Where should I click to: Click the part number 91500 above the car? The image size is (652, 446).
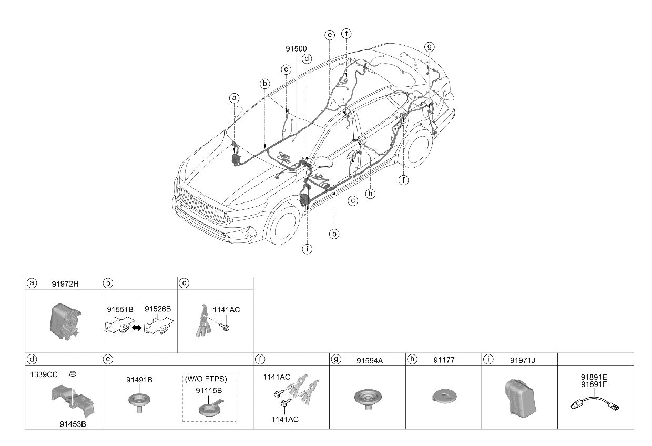tap(296, 48)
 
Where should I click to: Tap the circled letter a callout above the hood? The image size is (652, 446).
tap(234, 98)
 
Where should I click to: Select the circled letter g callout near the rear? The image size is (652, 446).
tap(430, 47)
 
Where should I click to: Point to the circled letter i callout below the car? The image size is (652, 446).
tap(307, 249)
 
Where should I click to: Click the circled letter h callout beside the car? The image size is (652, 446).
tap(370, 194)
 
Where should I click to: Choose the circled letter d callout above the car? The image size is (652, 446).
tap(307, 58)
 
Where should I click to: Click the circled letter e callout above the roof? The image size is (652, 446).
tap(330, 35)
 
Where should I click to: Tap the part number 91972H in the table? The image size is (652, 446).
tap(65, 284)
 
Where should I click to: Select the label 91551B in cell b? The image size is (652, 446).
tap(120, 309)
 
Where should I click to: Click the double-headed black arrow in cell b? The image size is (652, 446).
tap(137, 328)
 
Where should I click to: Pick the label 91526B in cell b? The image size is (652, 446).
tap(158, 309)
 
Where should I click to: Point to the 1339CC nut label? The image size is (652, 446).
tap(44, 374)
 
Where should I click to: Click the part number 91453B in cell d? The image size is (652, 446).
tap(73, 424)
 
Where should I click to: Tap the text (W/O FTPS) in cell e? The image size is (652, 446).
tap(206, 379)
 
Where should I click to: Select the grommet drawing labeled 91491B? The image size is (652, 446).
tap(139, 403)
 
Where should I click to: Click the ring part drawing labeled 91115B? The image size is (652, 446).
tap(210, 408)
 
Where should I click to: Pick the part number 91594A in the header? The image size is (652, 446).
tap(370, 361)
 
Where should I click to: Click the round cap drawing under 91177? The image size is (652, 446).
tap(444, 397)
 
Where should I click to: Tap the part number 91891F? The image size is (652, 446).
tap(594, 384)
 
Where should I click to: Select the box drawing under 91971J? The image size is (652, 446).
tap(521, 398)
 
